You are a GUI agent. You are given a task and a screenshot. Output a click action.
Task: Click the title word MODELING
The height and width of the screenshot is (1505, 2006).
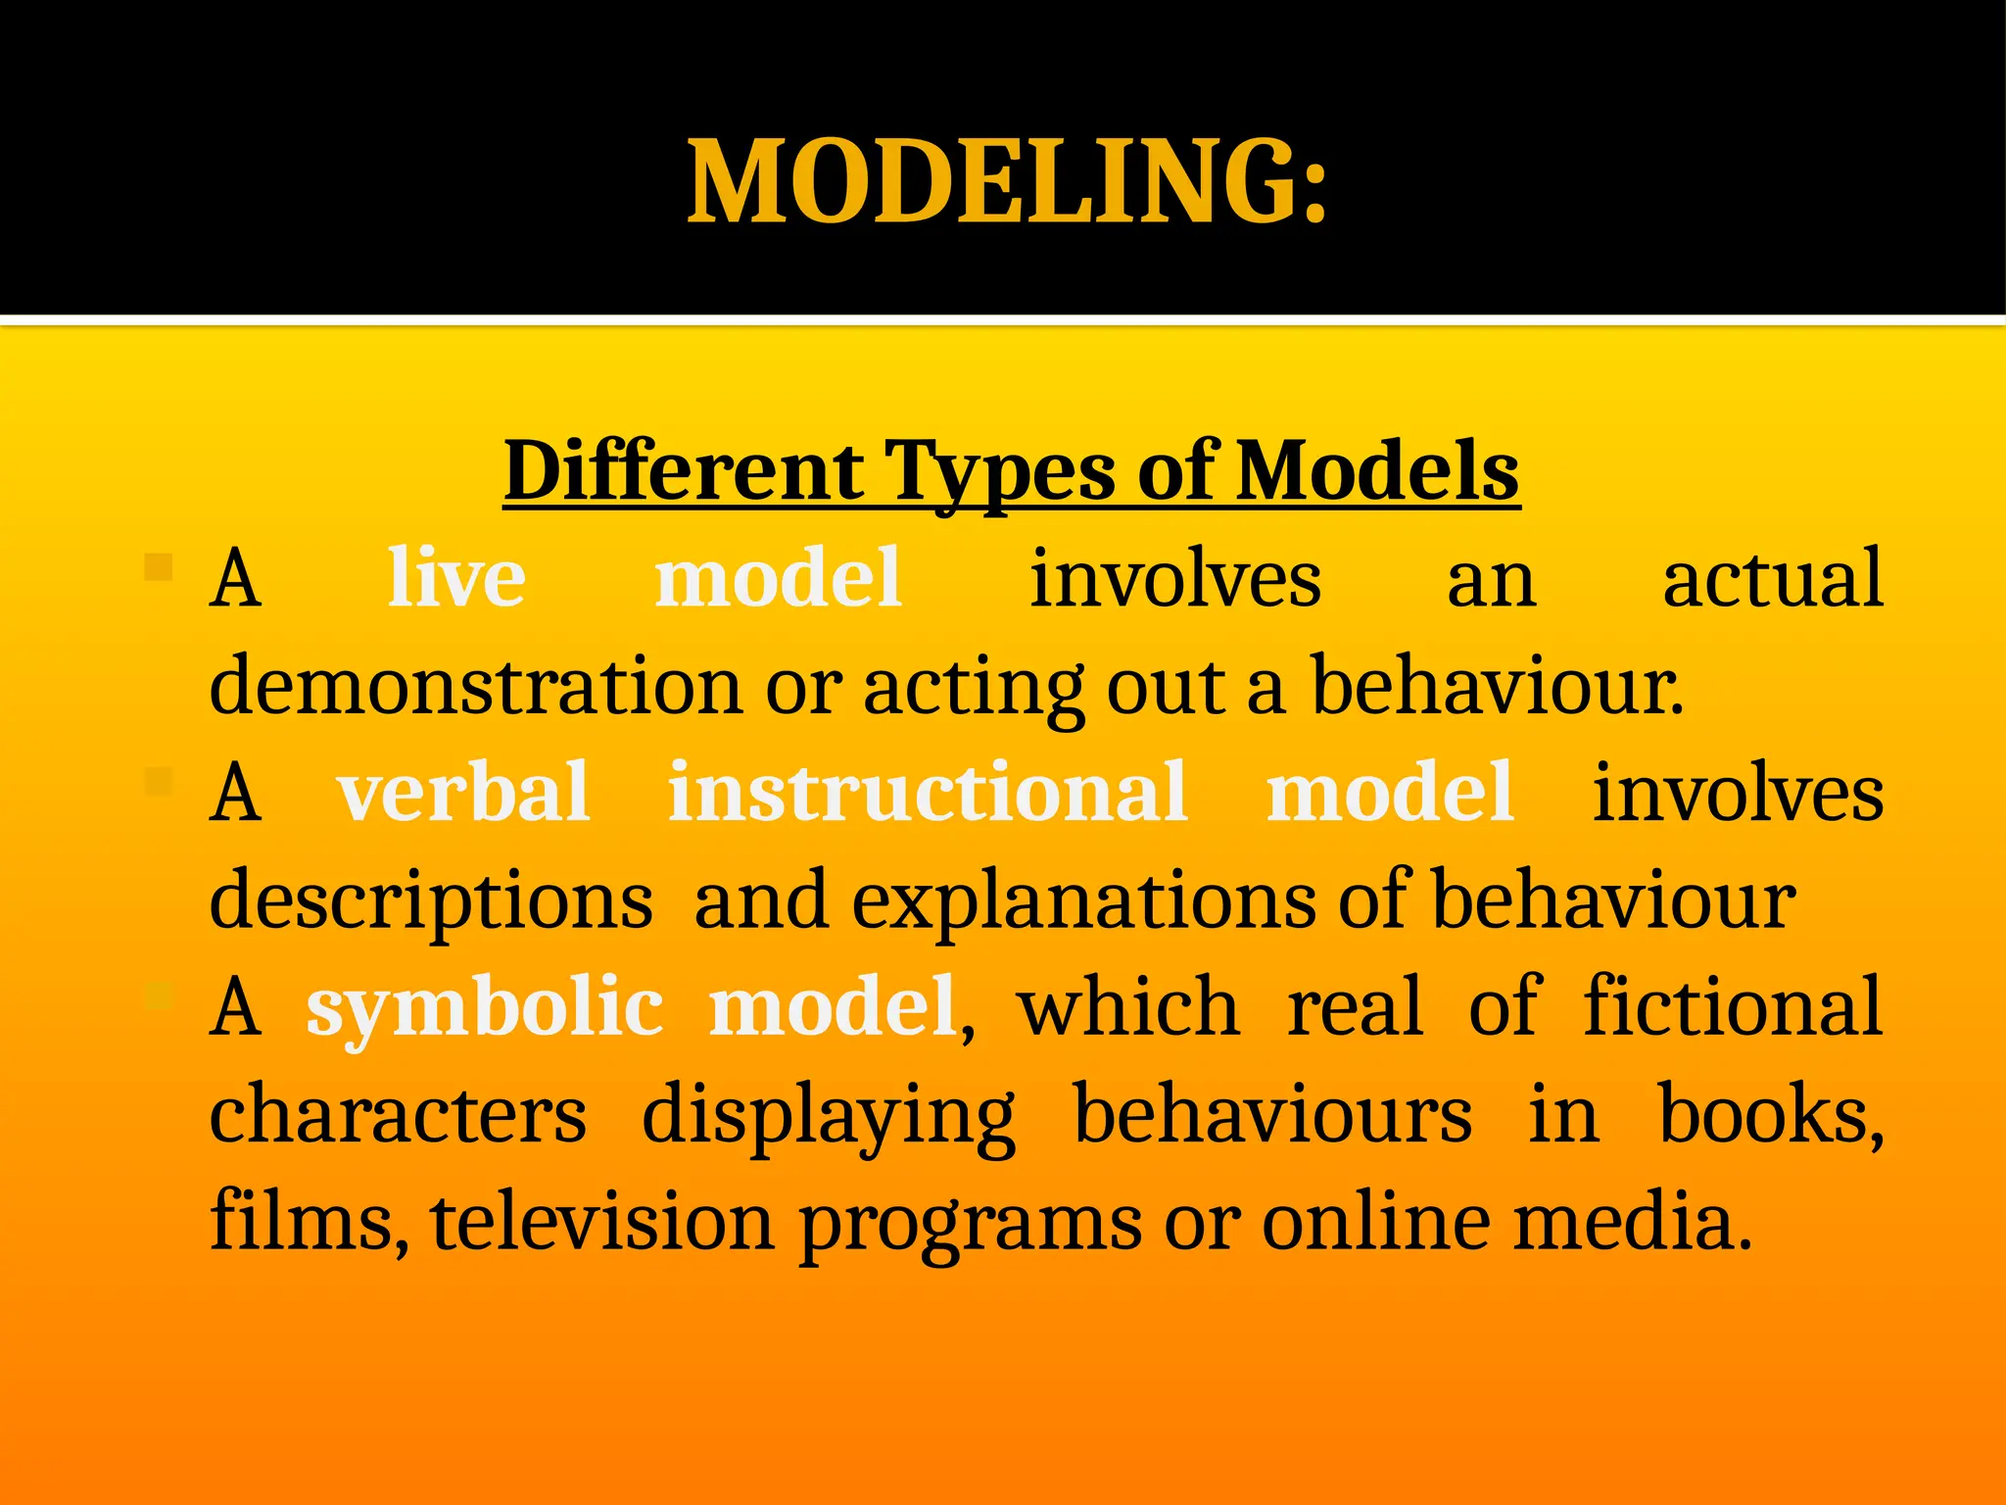tap(1007, 182)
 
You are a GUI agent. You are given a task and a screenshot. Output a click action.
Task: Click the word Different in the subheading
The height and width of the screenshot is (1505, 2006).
tap(684, 472)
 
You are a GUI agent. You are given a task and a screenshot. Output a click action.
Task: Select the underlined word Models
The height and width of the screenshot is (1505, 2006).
tap(1377, 472)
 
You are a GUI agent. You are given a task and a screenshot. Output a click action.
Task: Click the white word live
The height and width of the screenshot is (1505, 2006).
tap(456, 578)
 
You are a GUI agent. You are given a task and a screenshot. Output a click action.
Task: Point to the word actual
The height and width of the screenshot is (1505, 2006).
tap(1773, 578)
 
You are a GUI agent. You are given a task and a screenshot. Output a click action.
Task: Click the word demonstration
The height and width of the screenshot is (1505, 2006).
tap(475, 686)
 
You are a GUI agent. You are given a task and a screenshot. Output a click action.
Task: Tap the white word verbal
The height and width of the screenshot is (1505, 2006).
tap(463, 792)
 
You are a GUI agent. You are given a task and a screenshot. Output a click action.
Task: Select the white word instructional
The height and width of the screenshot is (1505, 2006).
tap(928, 792)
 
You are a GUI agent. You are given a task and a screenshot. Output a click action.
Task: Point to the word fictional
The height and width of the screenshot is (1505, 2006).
tap(1733, 1005)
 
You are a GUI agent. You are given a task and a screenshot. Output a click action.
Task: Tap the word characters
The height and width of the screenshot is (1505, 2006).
tap(398, 1115)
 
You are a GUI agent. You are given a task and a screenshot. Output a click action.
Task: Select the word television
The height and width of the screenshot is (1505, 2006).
tap(601, 1222)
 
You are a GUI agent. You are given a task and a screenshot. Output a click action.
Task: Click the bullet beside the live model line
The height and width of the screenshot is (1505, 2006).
tap(158, 566)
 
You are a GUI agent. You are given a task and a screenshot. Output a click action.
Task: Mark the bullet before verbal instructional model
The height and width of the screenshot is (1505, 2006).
tap(158, 781)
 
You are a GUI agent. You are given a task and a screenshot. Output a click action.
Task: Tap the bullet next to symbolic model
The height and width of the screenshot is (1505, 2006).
tap(158, 996)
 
